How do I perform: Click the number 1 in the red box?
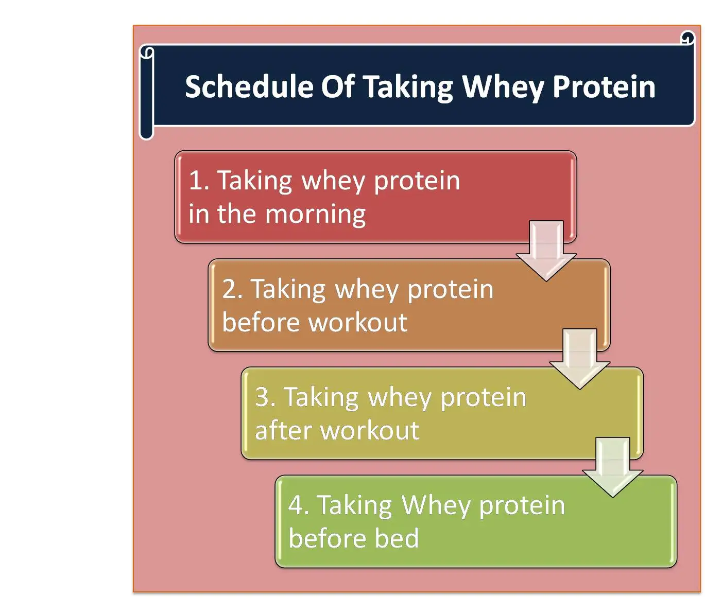[196, 181]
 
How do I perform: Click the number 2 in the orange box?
[230, 289]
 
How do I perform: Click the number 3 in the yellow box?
[263, 397]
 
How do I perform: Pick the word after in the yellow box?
[283, 431]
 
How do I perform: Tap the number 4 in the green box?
[296, 505]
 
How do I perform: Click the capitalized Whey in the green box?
[435, 505]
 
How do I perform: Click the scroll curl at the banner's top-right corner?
[687, 38]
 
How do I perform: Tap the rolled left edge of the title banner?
[147, 93]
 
